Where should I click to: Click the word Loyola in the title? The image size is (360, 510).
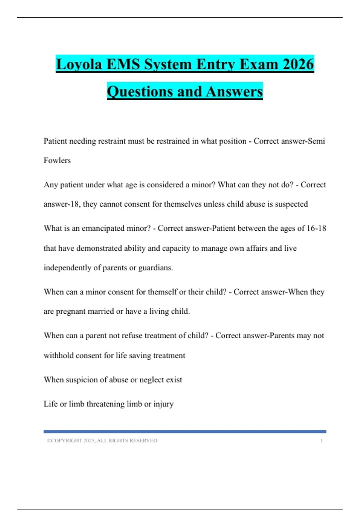point(79,64)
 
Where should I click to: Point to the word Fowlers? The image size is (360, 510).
point(57,160)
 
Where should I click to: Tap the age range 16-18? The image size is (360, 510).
point(316,229)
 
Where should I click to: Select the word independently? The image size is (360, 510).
point(67,268)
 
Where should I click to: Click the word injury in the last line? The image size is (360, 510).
point(163,404)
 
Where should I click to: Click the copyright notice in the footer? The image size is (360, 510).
point(102,441)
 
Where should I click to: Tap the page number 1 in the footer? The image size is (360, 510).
point(322,441)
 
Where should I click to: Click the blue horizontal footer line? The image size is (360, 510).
point(185,432)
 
